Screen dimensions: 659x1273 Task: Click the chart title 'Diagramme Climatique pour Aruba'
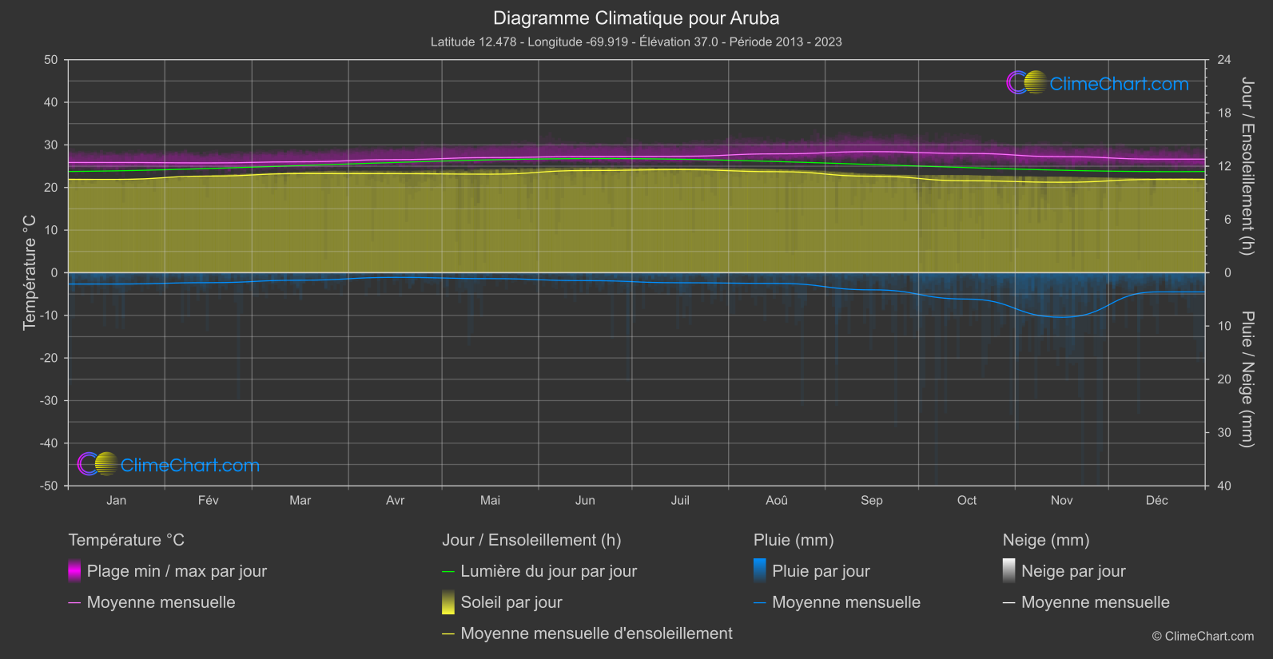pyautogui.click(x=636, y=18)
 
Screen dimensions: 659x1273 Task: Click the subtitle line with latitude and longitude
pyautogui.click(x=636, y=42)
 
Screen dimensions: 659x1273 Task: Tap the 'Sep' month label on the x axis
pyautogui.click(x=871, y=500)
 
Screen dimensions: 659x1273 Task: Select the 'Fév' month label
pyautogui.click(x=208, y=500)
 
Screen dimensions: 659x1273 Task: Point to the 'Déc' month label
pyautogui.click(x=1156, y=500)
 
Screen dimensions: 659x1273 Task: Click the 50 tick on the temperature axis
pyautogui.click(x=51, y=60)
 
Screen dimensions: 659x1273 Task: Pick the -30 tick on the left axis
pyautogui.click(x=50, y=401)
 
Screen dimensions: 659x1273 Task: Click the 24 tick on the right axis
pyautogui.click(x=1223, y=60)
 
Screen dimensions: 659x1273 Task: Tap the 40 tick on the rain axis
pyautogui.click(x=1223, y=486)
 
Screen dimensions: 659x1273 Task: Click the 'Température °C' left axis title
pyautogui.click(x=30, y=272)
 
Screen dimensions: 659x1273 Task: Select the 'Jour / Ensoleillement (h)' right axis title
pyautogui.click(x=1247, y=166)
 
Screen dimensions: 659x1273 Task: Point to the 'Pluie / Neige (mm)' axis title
pyautogui.click(x=1247, y=379)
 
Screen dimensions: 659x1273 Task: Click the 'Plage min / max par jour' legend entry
pyautogui.click(x=177, y=571)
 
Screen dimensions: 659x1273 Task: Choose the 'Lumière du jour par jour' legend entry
pyautogui.click(x=548, y=571)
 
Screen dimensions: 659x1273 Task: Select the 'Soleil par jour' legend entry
pyautogui.click(x=511, y=602)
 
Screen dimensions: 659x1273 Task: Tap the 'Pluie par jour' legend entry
pyautogui.click(x=821, y=571)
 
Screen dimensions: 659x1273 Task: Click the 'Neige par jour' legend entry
pyautogui.click(x=1073, y=571)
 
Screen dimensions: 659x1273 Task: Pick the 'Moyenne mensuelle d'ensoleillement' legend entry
pyautogui.click(x=596, y=633)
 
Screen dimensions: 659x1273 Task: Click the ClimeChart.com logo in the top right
pyautogui.click(x=1098, y=83)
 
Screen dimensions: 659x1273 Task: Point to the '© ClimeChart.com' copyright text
pyautogui.click(x=1203, y=636)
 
